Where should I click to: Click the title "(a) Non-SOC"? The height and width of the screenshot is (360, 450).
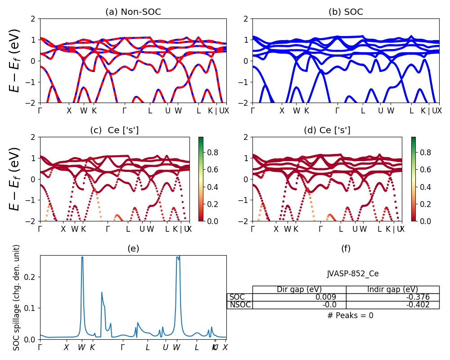click(133, 12)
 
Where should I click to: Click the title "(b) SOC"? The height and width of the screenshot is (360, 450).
click(346, 12)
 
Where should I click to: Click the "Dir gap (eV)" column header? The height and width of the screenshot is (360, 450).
click(299, 289)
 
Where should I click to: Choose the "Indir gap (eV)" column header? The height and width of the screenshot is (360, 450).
click(392, 289)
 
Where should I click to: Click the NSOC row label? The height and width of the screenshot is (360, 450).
click(239, 305)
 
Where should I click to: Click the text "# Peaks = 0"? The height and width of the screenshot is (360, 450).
click(350, 315)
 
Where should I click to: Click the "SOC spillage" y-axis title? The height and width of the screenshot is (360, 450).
click(17, 297)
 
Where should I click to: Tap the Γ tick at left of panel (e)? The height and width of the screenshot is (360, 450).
click(40, 347)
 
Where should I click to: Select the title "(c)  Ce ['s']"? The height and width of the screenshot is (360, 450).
click(114, 130)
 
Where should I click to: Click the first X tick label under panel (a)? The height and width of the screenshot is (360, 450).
click(69, 111)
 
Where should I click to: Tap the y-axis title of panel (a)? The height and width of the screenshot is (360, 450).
click(16, 61)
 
